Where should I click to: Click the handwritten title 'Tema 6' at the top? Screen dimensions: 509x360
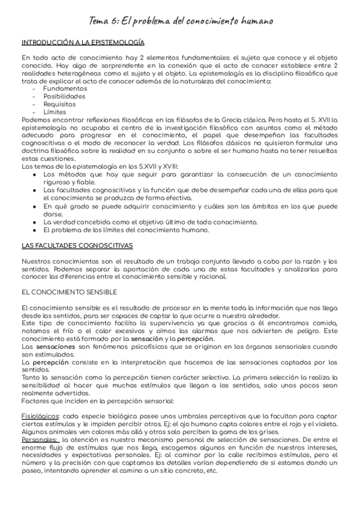coord(180,21)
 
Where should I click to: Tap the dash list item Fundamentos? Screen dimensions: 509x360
coord(65,88)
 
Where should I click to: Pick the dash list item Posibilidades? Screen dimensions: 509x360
coord(64,96)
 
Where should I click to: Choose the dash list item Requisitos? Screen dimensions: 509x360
coord(59,104)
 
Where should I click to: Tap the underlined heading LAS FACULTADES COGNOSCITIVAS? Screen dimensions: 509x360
coord(77,246)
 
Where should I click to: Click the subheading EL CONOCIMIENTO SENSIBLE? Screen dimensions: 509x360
coord(69,292)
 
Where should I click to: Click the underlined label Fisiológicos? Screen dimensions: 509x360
coord(40,415)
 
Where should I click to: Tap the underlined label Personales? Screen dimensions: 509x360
coord(40,439)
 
